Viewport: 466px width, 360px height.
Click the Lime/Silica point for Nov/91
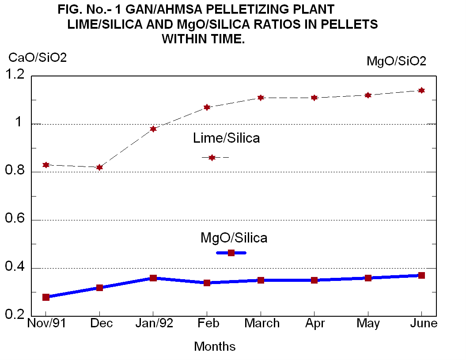[46, 165]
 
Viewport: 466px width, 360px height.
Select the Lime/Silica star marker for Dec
[100, 167]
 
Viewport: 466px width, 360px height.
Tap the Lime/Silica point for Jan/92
[153, 129]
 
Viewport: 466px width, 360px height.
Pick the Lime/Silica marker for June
[421, 91]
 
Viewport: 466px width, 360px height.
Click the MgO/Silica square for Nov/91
[46, 297]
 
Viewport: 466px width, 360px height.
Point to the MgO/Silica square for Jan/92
[153, 278]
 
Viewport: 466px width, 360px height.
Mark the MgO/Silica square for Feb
[207, 283]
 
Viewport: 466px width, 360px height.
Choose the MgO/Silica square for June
[421, 276]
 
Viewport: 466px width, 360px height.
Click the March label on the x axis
[262, 323]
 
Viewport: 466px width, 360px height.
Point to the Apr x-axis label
[315, 324]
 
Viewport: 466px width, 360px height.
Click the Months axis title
[215, 346]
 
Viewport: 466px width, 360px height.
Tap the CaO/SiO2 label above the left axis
[38, 57]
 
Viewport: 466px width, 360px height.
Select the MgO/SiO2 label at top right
[396, 61]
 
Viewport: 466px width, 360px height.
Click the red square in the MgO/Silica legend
[231, 253]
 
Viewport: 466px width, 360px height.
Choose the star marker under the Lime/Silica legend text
[212, 158]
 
